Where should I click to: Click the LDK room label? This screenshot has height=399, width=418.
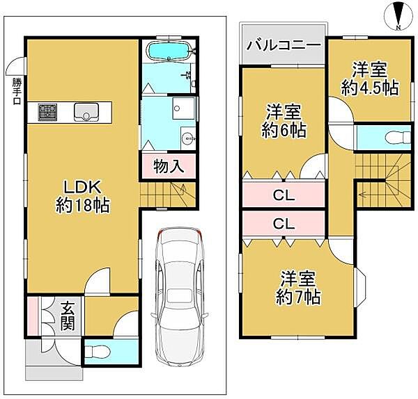[84, 195]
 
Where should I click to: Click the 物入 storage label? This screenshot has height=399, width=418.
[168, 167]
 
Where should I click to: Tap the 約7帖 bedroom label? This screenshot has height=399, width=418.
[300, 288]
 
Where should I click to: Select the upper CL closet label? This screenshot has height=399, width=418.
[283, 197]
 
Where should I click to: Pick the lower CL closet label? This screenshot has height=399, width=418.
[283, 224]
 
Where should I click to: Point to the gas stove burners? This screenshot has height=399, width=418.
[47, 111]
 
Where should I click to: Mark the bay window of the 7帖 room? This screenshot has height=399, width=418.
[363, 286]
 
